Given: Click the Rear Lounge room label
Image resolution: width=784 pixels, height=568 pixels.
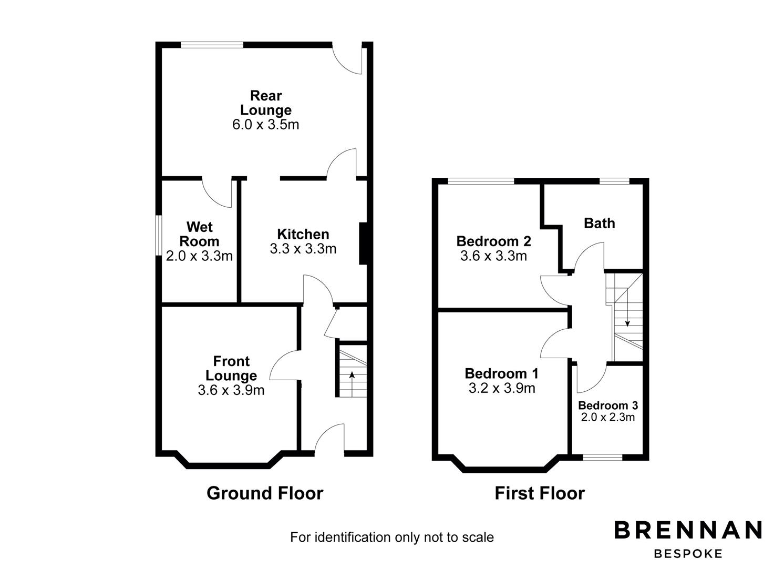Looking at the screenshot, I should (266, 103).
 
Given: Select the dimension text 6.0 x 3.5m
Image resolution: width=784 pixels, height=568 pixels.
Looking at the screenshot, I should (265, 125).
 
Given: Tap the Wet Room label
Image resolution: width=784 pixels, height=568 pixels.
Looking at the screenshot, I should (200, 234).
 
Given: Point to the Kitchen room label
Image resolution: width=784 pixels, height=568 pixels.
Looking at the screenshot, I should (303, 234).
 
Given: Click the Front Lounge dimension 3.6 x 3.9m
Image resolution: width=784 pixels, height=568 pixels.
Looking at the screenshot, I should (231, 390).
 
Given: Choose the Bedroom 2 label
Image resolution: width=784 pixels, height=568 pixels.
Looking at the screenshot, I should (493, 241).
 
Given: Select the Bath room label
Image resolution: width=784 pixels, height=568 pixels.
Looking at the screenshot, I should (599, 223).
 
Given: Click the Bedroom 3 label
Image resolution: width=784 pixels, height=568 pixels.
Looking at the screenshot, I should (608, 405).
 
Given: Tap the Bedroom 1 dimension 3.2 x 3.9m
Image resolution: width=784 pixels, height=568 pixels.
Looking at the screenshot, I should (501, 388).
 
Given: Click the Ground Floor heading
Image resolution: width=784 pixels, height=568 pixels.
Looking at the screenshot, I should (265, 493).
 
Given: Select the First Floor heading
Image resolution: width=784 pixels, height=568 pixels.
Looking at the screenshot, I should (540, 493).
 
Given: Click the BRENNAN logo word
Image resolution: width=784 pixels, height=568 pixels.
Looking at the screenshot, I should (688, 530).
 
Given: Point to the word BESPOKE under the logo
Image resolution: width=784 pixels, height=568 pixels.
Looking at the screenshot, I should (688, 553).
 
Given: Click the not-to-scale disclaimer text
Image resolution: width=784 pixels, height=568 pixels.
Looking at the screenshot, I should (392, 537).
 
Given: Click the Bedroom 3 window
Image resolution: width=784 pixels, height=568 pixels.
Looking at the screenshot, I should (602, 457).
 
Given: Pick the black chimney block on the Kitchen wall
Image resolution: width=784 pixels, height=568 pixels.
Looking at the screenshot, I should (363, 244).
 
